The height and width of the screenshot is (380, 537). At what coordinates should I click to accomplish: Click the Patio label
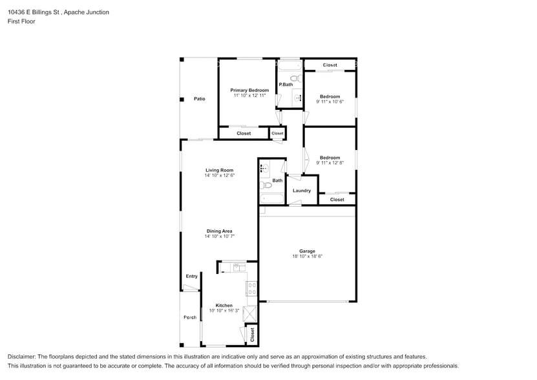coord(199,99)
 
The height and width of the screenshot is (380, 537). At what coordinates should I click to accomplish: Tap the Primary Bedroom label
coord(249,90)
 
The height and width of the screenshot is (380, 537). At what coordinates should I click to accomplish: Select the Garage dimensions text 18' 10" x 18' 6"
coord(307,256)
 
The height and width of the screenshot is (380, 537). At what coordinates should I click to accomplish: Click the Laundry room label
coord(302,191)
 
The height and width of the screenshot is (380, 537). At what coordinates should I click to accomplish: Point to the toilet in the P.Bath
coord(297,78)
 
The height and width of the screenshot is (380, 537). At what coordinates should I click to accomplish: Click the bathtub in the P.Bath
coord(290,65)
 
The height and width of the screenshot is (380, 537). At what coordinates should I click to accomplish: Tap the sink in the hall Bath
coord(265,168)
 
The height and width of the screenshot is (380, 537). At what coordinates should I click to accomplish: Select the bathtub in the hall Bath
coord(272,199)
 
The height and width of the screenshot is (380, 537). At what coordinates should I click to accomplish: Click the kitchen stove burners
coord(252,288)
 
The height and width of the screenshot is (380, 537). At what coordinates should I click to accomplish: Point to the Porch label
coord(190,317)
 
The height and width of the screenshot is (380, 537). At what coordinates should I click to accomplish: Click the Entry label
coord(191,276)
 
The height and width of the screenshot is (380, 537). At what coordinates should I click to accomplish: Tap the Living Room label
coord(220,170)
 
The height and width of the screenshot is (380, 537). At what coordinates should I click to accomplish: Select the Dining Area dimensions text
coord(220,236)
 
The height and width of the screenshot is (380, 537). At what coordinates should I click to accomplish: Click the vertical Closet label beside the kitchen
coord(253,335)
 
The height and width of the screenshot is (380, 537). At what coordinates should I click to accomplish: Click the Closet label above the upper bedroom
coord(330,65)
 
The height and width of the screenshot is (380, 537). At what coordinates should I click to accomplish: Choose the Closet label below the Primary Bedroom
coord(244,133)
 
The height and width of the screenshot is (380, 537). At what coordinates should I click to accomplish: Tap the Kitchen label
coord(224,305)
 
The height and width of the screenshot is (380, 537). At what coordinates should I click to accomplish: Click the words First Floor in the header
coord(21,21)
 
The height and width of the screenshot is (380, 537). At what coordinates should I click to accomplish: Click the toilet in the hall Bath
coord(266,185)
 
